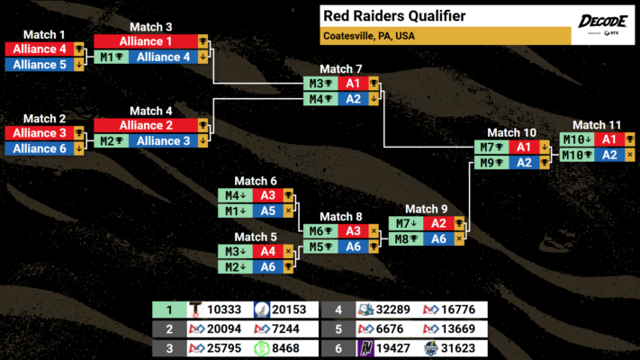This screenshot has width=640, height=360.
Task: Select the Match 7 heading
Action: click(341, 68)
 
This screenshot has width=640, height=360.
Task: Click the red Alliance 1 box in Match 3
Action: click(145, 41)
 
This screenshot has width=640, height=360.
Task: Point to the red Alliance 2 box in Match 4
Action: click(145, 126)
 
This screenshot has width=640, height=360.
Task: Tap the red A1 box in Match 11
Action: click(609, 139)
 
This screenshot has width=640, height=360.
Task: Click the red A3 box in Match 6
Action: click(267, 194)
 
